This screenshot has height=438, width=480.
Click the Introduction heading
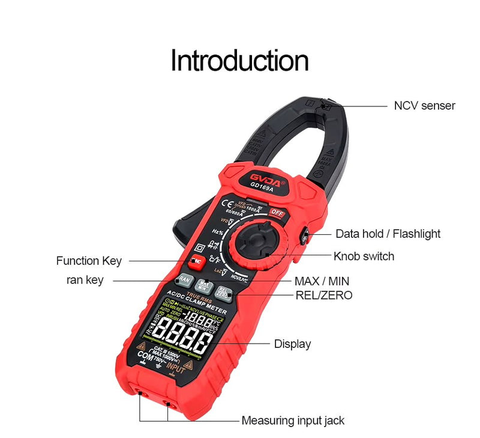pos(239,61)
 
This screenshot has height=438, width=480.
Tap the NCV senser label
pos(424,106)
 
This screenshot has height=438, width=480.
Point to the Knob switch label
pos(364,257)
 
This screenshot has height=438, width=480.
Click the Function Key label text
pos(89,261)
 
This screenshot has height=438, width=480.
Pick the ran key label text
pos(85,280)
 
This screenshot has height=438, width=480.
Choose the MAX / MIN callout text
pos(322,281)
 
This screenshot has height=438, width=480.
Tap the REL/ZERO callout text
pos(324,295)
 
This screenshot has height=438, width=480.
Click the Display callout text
pos(292,344)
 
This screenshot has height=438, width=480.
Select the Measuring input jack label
pos(293,421)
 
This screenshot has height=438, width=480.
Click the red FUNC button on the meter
pos(196,261)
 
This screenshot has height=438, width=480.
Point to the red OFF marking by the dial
pos(276,213)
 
